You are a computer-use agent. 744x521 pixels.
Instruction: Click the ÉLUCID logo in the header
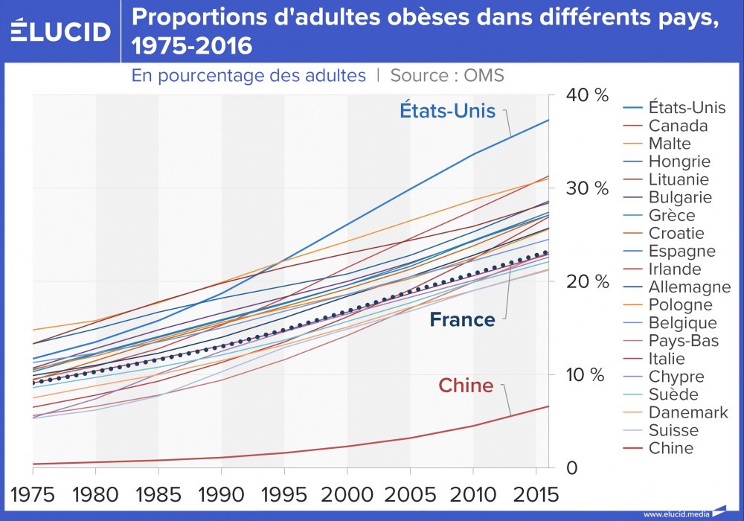60,31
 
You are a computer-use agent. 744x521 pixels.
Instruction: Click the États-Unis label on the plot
447,111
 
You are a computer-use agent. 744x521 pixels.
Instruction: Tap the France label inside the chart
462,320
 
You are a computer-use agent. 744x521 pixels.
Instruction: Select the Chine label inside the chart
466,385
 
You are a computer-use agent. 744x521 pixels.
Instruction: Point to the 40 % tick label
588,95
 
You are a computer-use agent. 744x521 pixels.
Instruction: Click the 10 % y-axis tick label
588,374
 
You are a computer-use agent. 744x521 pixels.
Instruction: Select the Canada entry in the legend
678,126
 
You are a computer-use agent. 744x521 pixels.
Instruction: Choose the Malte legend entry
670,144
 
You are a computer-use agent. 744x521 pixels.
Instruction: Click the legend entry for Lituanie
679,179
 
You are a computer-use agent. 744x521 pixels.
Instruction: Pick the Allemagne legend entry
689,287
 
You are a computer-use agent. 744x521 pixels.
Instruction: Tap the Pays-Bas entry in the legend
681,340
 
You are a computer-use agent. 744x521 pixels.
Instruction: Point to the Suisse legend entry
673,430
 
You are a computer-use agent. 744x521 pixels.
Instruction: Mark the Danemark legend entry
688,412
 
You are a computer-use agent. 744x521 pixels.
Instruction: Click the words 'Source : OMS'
447,75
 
